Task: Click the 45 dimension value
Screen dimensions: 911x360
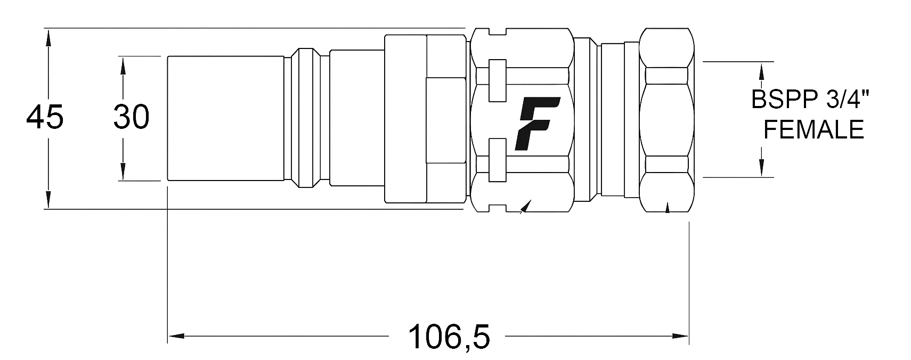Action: click(x=45, y=118)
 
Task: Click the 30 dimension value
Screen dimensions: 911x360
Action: click(x=132, y=118)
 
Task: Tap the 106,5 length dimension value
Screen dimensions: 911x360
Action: click(x=449, y=337)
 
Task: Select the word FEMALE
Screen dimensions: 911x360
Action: click(x=814, y=130)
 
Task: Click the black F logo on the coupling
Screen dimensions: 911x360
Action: click(x=537, y=124)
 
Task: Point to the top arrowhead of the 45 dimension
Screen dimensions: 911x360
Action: click(x=48, y=38)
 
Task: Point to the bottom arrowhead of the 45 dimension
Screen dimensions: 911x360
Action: click(x=48, y=200)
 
